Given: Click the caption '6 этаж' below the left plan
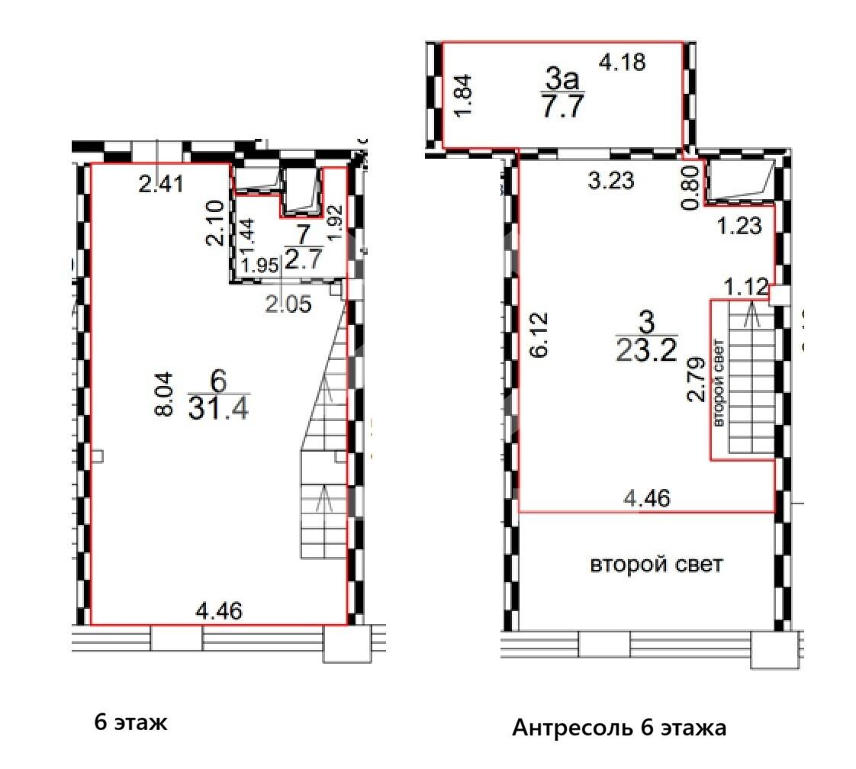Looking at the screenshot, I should click(130, 722).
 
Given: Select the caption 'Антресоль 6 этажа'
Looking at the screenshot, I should click(619, 728).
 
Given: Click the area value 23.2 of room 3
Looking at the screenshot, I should click(646, 350).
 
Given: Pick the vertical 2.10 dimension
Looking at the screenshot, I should click(214, 223).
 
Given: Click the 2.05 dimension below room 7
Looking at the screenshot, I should click(288, 304).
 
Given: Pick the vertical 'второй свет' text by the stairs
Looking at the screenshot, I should click(717, 392).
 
